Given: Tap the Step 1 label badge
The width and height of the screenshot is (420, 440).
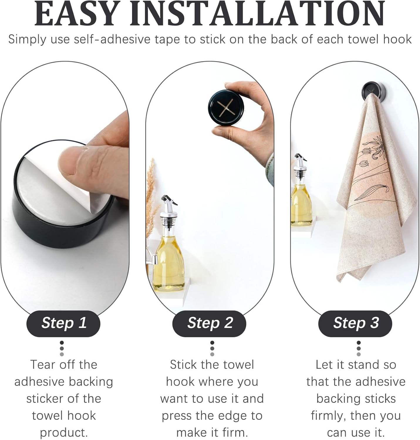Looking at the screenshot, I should [x=64, y=323].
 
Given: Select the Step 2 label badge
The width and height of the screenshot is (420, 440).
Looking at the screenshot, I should [x=210, y=323].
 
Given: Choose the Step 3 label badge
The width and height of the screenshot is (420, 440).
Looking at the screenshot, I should [x=355, y=323].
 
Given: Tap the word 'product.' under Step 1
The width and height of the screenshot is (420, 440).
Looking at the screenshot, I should [x=64, y=432].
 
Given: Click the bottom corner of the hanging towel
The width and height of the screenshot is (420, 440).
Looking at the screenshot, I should [x=340, y=279].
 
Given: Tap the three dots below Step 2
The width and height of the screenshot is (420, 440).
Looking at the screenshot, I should [x=212, y=348].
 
